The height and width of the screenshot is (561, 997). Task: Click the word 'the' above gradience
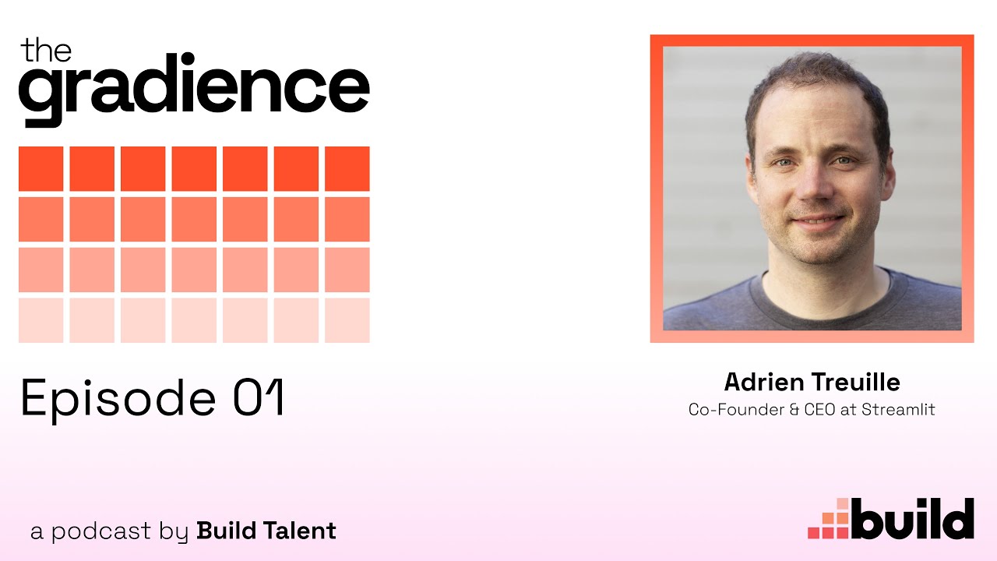(x=46, y=50)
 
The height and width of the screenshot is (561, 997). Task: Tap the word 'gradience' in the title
(x=194, y=89)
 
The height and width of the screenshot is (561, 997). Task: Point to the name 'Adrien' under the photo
(x=764, y=382)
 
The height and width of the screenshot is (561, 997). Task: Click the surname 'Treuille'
(x=856, y=382)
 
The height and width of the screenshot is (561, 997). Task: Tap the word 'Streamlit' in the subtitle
(x=898, y=409)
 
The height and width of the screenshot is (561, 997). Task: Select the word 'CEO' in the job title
(x=820, y=409)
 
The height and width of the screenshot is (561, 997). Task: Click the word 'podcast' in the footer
(x=101, y=531)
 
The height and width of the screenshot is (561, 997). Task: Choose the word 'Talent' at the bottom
(x=300, y=531)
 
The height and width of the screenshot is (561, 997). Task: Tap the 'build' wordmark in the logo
(x=912, y=519)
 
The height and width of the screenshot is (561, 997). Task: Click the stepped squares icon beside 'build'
(x=829, y=520)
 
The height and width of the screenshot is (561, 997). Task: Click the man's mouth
(x=817, y=221)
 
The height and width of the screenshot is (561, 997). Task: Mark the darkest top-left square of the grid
(x=41, y=169)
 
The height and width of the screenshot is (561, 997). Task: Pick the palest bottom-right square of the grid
(x=347, y=320)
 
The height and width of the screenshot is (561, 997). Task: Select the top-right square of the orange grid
(x=347, y=169)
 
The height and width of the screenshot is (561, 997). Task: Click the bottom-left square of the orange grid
(x=41, y=320)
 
